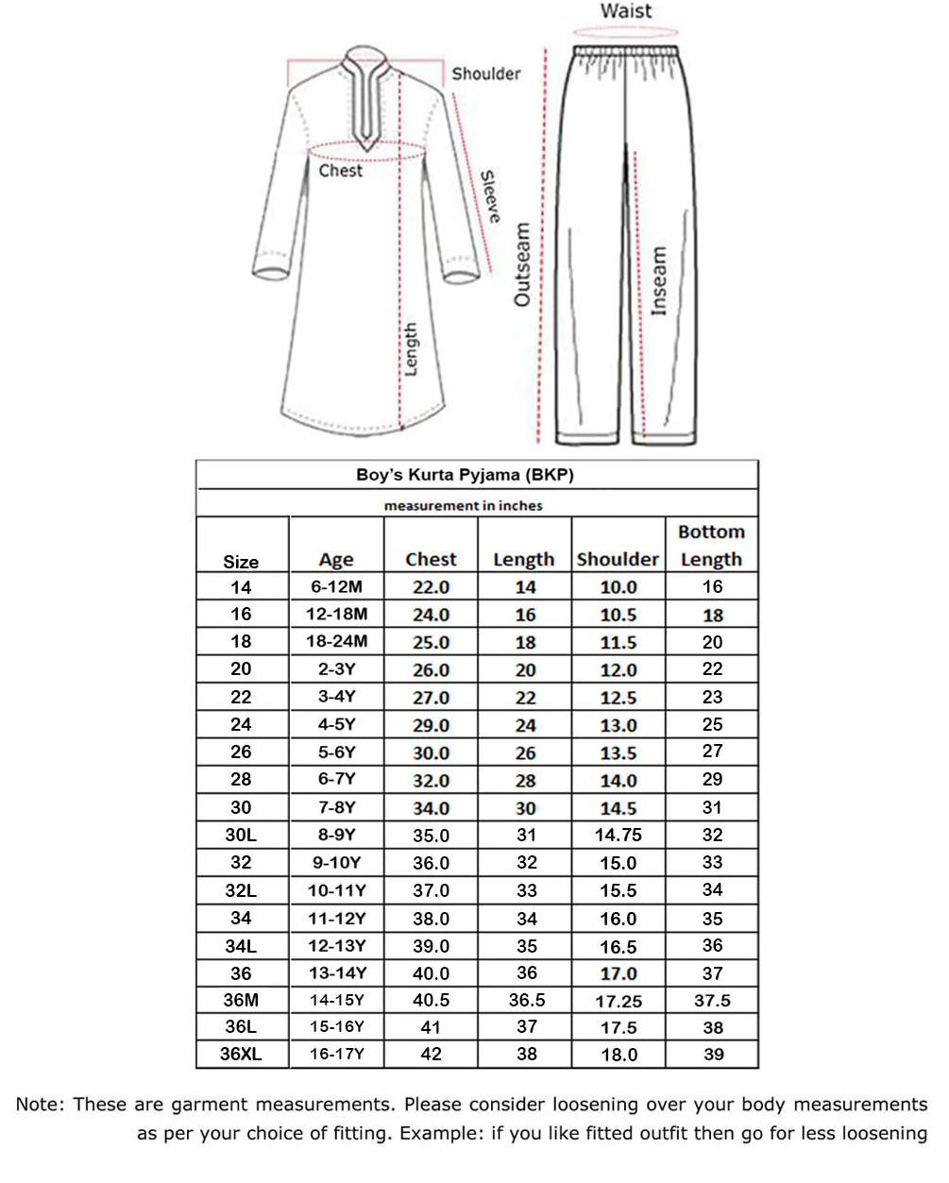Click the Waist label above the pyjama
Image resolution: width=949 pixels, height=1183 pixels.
(625, 11)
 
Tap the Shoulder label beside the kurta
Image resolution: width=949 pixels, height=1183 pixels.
(485, 74)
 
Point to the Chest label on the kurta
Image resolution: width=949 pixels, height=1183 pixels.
(340, 171)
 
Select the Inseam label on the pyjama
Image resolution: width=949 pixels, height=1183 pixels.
(659, 281)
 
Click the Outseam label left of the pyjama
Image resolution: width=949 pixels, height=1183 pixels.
(522, 265)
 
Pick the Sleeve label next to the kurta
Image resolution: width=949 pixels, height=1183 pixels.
(489, 196)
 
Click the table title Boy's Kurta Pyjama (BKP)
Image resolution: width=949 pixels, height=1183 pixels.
(465, 475)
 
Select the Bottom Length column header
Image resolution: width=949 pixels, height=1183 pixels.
(711, 546)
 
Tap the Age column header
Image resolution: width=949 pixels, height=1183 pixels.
(336, 560)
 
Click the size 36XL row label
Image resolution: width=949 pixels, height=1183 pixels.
(241, 1055)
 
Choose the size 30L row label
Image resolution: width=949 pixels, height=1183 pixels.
(241, 835)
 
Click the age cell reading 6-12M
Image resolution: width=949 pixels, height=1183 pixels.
(336, 586)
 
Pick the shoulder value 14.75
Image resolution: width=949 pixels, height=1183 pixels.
(619, 835)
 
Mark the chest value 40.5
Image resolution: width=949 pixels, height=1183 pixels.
(431, 1000)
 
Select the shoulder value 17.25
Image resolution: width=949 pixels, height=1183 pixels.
(619, 1001)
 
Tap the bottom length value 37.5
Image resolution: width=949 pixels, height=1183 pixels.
(712, 1001)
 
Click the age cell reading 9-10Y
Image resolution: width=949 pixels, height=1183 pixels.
(336, 862)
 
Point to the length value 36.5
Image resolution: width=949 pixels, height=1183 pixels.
(526, 1000)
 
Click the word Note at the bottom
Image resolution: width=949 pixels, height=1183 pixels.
(38, 1105)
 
